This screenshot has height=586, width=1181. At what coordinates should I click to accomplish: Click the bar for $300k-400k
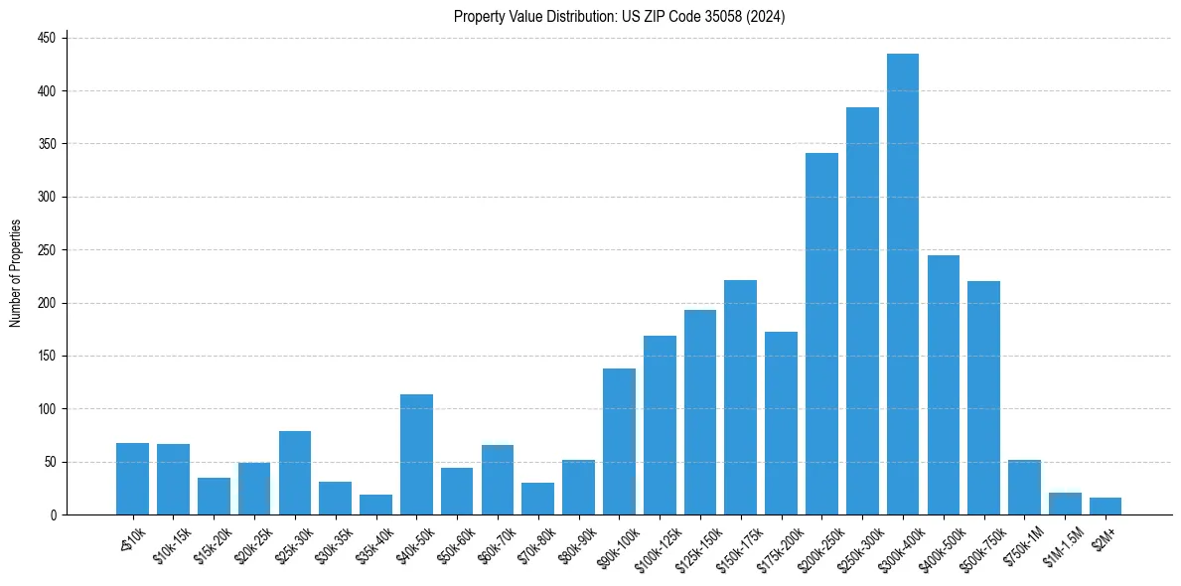coord(902,284)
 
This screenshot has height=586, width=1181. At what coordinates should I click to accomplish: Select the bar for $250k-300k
coord(862,311)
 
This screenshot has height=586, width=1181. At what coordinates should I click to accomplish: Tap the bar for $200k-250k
coord(821,334)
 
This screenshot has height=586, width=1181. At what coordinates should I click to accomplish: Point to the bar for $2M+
coord(1106,507)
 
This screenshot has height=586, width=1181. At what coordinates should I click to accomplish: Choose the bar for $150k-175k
coord(740,397)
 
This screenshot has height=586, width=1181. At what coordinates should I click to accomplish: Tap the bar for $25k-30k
coord(295,473)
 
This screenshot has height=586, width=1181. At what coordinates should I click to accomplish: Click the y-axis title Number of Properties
coord(16,273)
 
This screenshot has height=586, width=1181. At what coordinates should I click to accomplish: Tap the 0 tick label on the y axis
coord(54,514)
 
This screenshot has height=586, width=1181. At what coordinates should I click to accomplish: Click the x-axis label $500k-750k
coord(979,545)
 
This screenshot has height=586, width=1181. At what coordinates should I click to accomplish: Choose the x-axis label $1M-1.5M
coord(1061,545)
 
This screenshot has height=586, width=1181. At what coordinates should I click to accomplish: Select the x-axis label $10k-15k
coord(169,544)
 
